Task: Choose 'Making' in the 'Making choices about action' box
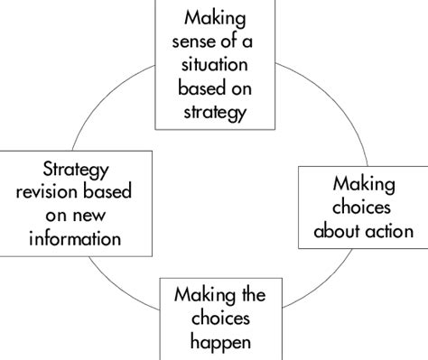tap(362, 184)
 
